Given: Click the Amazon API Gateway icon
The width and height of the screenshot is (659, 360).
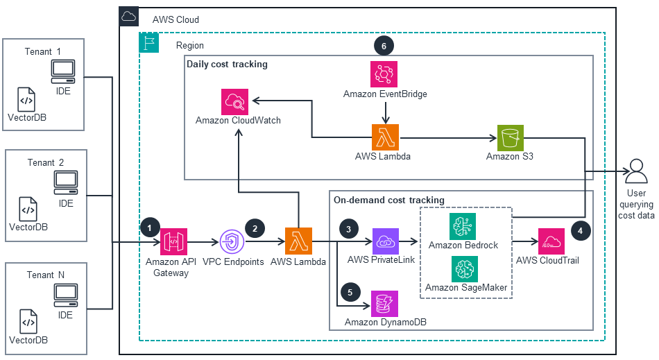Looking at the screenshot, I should click(x=174, y=242).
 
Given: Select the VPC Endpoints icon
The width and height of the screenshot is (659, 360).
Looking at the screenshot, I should click(x=232, y=242).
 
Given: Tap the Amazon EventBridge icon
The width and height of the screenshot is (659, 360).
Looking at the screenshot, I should click(x=385, y=74).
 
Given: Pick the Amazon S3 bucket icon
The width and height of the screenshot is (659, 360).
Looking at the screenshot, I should click(x=511, y=138).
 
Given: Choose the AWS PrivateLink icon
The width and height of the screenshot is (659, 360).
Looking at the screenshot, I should click(x=385, y=242).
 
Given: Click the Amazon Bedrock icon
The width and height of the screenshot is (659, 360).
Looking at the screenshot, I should click(x=463, y=226).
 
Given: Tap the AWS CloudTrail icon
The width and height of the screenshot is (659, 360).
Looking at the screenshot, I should click(x=550, y=242).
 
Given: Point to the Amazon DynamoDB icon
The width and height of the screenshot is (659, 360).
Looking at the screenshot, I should click(x=385, y=303).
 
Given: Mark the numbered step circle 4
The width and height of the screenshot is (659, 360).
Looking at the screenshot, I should click(x=579, y=228).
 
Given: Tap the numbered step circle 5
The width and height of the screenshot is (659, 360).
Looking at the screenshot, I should click(x=350, y=292).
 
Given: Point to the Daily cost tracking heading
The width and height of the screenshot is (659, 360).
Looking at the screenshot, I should click(x=227, y=65).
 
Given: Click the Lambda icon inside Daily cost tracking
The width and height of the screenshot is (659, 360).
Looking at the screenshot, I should click(x=385, y=138).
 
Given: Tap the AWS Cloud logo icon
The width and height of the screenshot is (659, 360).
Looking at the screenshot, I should click(x=129, y=17).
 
